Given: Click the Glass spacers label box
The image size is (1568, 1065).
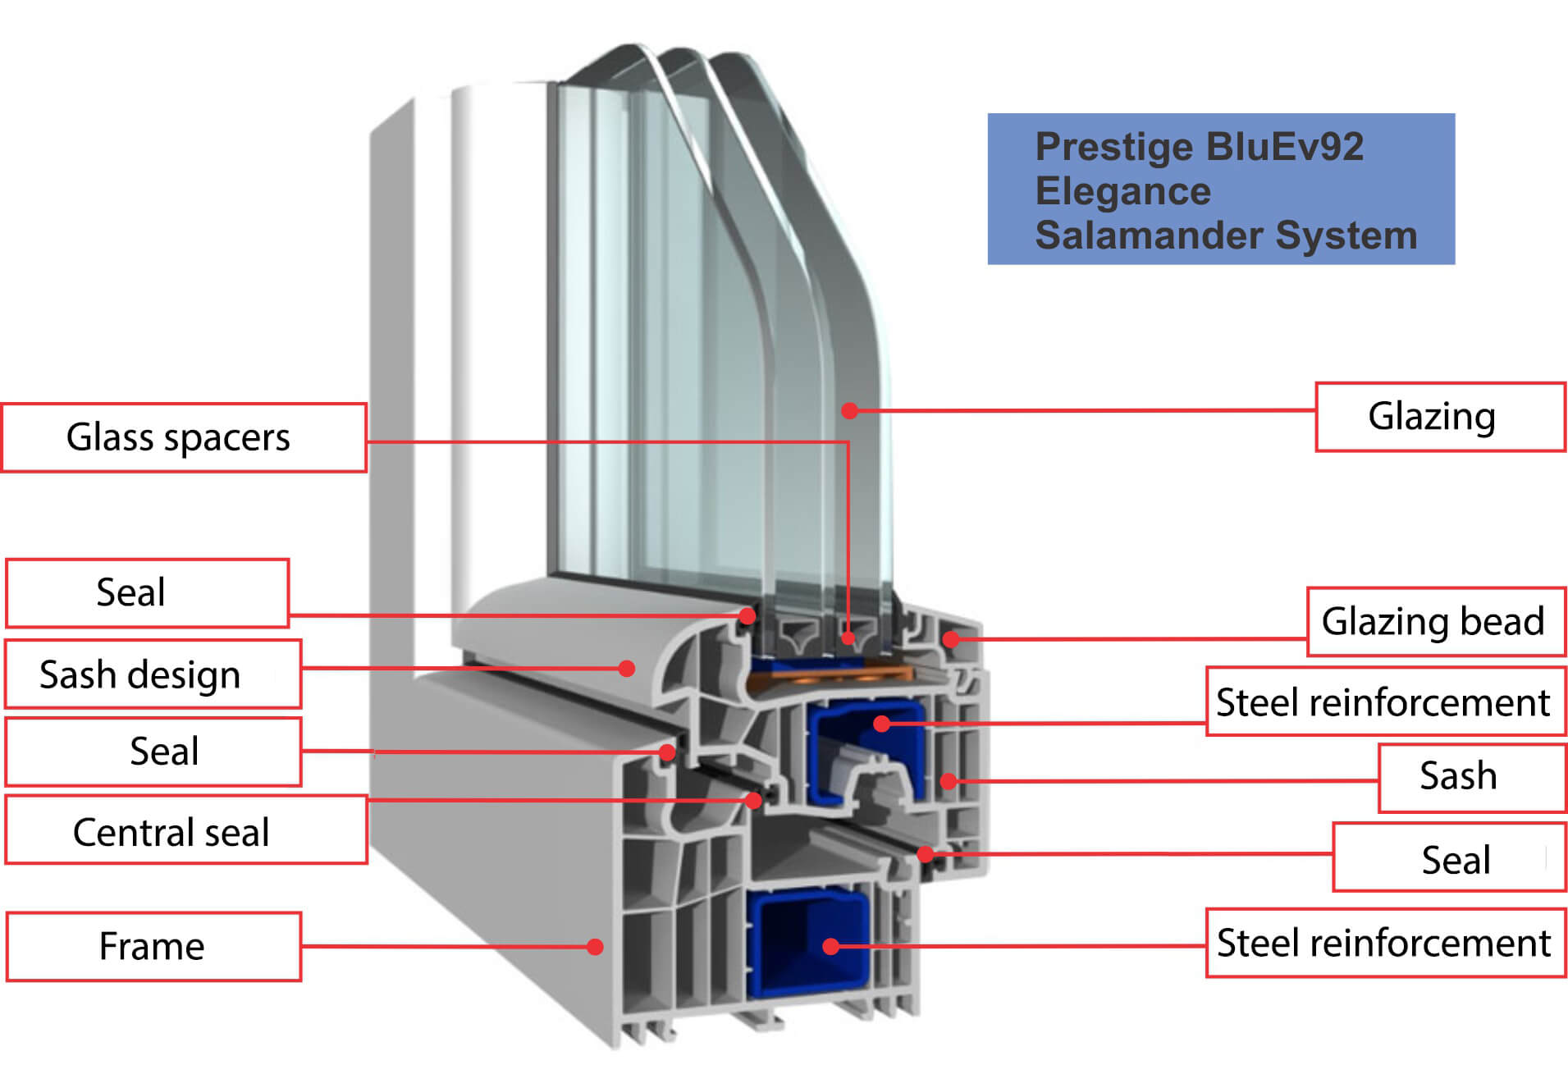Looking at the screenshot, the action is pyautogui.click(x=184, y=437).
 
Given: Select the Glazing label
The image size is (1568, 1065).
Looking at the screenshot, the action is pyautogui.click(x=1440, y=417).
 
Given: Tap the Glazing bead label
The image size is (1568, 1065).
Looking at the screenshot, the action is pyautogui.click(x=1436, y=621).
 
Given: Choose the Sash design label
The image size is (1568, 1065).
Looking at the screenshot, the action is pyautogui.click(x=153, y=674).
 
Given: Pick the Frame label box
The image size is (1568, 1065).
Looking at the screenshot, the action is pyautogui.click(x=153, y=947).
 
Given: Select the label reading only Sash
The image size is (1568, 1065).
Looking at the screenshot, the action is pyautogui.click(x=1472, y=778).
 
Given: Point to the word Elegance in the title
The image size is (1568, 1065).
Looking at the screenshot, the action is pyautogui.click(x=1122, y=192).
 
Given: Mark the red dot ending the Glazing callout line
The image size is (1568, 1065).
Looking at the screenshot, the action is pyautogui.click(x=850, y=410).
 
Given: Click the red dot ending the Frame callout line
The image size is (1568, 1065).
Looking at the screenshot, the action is pyautogui.click(x=596, y=947).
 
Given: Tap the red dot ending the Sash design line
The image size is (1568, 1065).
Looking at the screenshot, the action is pyautogui.click(x=627, y=669).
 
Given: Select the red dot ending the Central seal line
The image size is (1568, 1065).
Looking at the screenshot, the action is pyautogui.click(x=753, y=800).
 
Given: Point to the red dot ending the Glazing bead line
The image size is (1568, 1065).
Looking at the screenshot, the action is pyautogui.click(x=951, y=638).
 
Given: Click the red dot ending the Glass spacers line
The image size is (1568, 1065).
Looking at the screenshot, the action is pyautogui.click(x=848, y=638).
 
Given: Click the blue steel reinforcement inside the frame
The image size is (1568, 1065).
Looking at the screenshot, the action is pyautogui.click(x=807, y=944).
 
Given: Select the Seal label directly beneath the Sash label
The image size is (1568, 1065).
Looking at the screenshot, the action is pyautogui.click(x=1449, y=857).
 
